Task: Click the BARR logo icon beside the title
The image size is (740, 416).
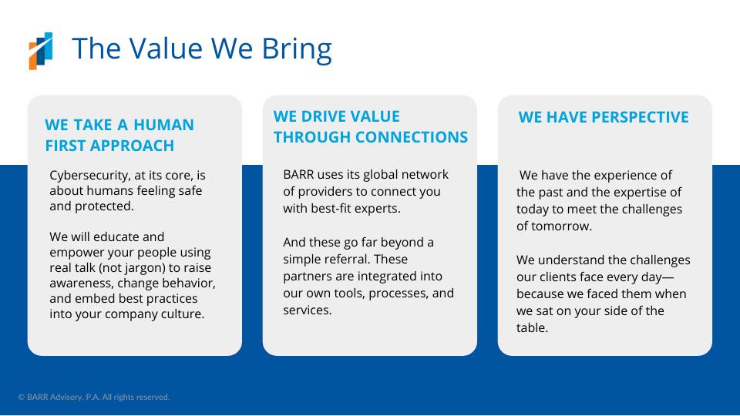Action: click(x=41, y=51)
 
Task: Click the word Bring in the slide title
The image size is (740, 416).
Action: click(x=297, y=49)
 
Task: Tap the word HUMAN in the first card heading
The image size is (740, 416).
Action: click(x=163, y=125)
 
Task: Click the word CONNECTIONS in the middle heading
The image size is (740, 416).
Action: click(x=412, y=137)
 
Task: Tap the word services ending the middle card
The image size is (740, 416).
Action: click(x=308, y=310)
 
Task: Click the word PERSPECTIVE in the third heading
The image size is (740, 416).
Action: click(x=640, y=117)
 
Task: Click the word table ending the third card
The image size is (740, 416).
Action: click(x=533, y=328)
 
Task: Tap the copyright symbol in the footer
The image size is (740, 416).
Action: click(x=22, y=398)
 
